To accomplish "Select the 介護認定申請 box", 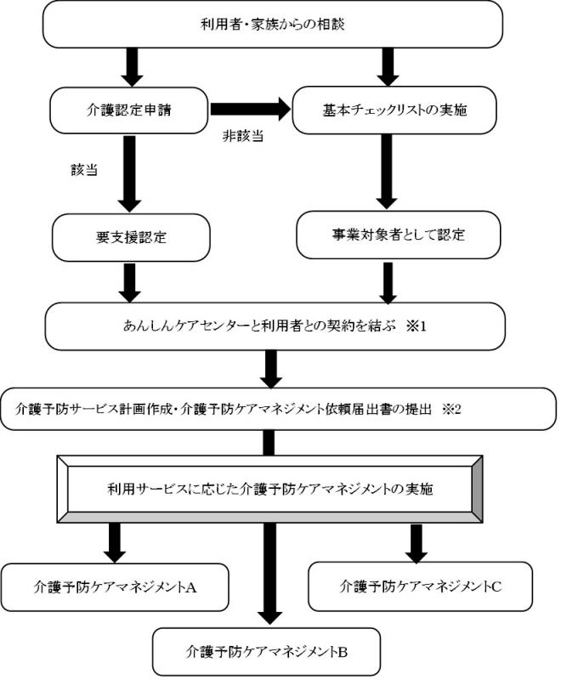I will pyautogui.click(x=128, y=110).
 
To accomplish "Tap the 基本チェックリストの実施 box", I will pyautogui.click(x=390, y=110).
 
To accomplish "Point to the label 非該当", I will pyautogui.click(x=237, y=138).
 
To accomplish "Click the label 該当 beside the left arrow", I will pyautogui.click(x=84, y=170).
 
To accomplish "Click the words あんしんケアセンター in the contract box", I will pyautogui.click(x=174, y=326).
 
